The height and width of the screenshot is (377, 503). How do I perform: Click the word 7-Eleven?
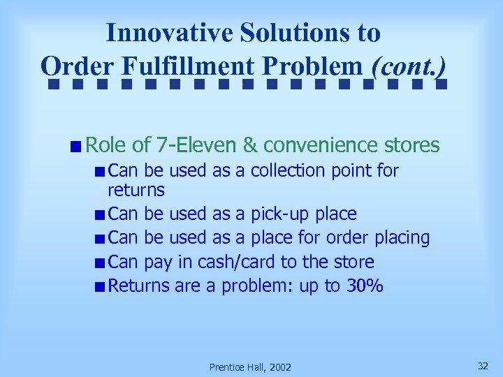(197, 145)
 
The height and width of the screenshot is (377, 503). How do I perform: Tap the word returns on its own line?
(136, 190)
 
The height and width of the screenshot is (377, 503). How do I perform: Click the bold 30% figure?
(365, 286)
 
